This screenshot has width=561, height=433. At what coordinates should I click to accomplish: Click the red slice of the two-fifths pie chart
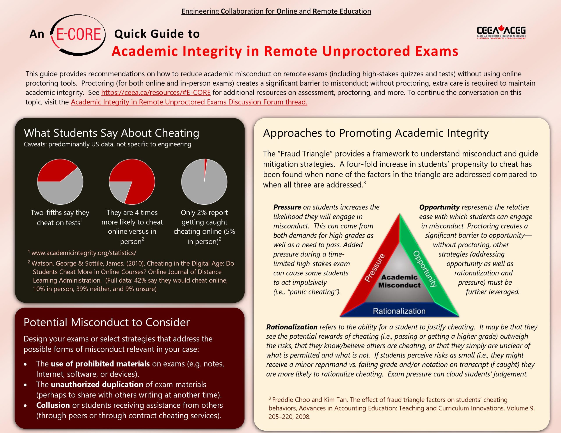tap(55, 171)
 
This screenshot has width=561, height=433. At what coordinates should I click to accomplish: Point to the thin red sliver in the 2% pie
tap(205, 167)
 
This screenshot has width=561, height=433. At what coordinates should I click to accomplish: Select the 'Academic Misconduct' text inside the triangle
tap(399, 281)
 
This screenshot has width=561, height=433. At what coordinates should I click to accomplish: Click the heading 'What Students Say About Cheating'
tap(112, 133)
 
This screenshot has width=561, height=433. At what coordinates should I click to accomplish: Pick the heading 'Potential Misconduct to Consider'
tap(107, 322)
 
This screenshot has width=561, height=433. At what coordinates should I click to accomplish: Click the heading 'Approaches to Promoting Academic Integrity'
tap(376, 133)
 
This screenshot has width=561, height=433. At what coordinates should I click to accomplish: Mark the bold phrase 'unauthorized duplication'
tap(97, 384)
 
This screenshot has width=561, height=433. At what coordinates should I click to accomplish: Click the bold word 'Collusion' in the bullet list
tap(53, 405)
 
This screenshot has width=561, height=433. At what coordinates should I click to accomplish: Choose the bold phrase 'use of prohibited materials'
tap(100, 363)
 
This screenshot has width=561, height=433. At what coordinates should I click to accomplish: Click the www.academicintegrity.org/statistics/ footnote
tap(84, 253)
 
